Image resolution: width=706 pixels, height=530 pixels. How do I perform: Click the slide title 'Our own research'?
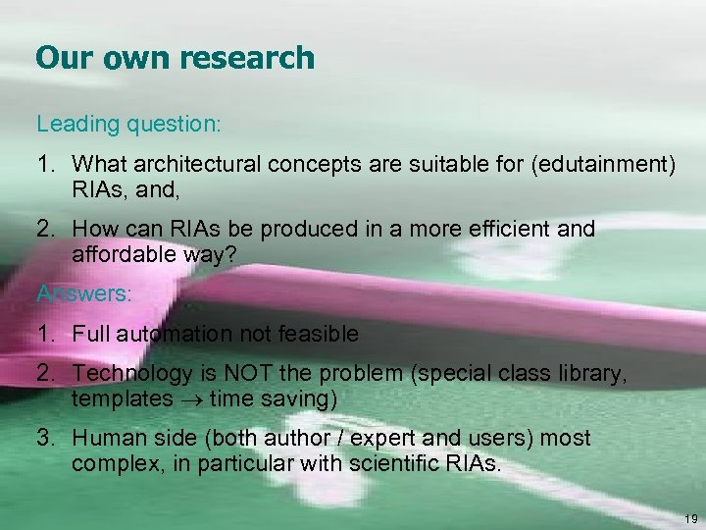(x=175, y=58)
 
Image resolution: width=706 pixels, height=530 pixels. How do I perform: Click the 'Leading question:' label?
(x=128, y=126)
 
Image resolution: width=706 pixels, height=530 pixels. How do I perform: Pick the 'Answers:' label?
(x=84, y=293)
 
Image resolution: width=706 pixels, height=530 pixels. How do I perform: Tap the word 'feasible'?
(x=318, y=334)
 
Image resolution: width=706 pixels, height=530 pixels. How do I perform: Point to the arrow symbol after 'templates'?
(x=190, y=399)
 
